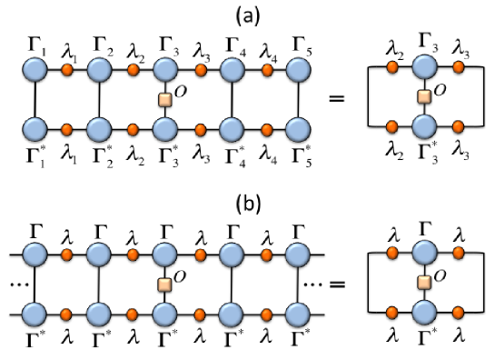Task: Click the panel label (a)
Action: (248, 13)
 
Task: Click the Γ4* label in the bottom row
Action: (233, 150)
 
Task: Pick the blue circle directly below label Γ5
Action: (297, 70)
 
